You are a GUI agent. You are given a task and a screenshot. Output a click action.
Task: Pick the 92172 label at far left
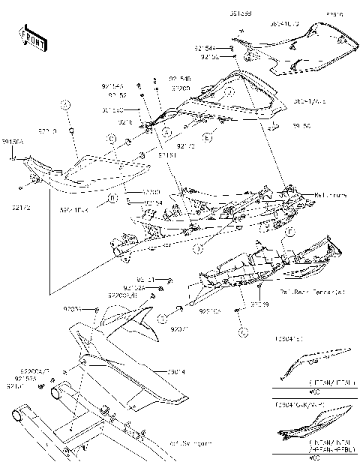click(22, 204)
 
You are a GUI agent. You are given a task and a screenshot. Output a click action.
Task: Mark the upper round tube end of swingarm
click(57, 392)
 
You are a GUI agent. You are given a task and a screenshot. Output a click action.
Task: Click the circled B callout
click(112, 199)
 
